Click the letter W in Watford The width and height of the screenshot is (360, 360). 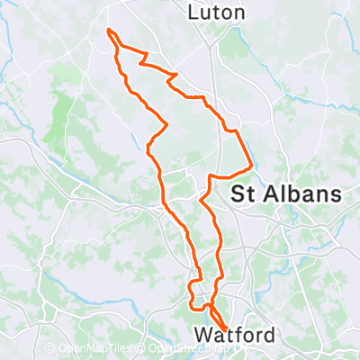(203, 336)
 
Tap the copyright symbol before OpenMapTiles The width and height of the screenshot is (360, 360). (51, 349)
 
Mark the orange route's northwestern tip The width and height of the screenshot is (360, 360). (109, 31)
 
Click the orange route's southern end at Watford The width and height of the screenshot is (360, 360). (222, 327)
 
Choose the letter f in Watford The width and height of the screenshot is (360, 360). (239, 336)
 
